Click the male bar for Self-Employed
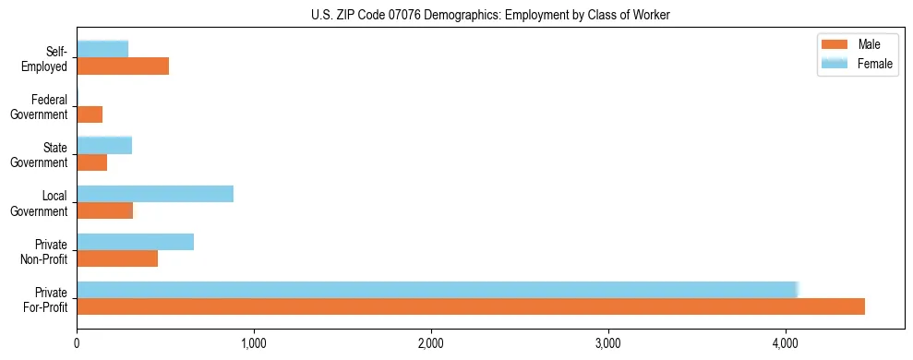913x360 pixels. coord(123,66)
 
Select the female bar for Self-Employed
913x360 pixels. coord(102,48)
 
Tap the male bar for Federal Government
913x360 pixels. coord(90,114)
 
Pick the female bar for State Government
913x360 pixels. coord(104,145)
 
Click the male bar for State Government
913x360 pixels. coord(92,162)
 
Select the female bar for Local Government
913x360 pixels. coord(155,193)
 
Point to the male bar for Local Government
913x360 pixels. coord(105,210)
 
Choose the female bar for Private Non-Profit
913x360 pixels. coord(136,241)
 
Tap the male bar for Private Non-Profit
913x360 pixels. coord(117,258)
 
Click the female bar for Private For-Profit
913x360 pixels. coord(438,289)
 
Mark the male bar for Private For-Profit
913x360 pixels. coord(471,306)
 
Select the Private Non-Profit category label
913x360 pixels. coord(44,252)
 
